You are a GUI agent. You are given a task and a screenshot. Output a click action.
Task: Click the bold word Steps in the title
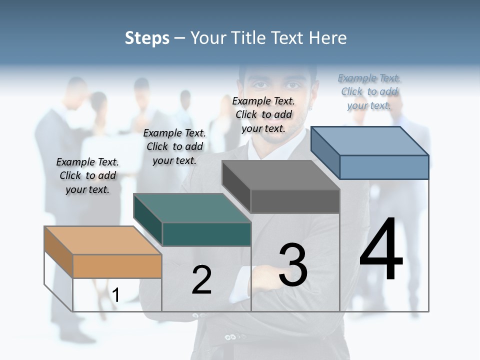point(147,38)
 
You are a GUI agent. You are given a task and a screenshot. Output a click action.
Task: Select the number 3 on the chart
point(292,265)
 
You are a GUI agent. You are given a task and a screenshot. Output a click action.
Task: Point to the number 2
point(201,280)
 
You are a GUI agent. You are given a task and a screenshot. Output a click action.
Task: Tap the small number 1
point(115,295)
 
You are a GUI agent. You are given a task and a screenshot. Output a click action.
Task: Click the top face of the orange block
point(102,240)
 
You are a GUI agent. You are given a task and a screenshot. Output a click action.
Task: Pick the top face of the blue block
point(370,141)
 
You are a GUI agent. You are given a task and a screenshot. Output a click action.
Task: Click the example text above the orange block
point(87,175)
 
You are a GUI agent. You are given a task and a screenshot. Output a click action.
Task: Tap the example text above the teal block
point(174,146)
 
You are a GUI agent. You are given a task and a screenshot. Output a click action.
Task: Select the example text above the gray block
point(263,114)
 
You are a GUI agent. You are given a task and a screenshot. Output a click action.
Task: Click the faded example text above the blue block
point(369,91)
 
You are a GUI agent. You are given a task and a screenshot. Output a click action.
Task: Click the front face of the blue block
point(384,167)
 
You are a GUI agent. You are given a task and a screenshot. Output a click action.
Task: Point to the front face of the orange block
point(117,266)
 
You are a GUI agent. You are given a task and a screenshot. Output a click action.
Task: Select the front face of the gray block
point(295,201)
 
